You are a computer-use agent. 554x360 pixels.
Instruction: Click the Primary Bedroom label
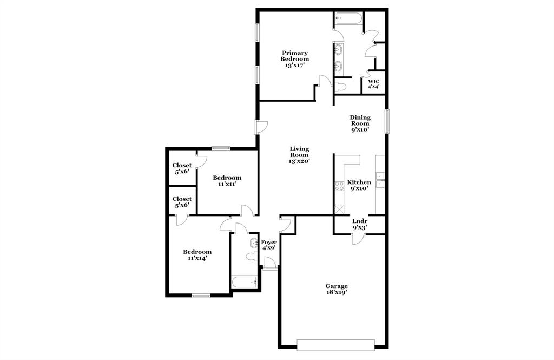295,59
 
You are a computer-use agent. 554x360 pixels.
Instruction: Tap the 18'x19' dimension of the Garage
336,292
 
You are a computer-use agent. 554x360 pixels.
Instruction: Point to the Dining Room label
360,123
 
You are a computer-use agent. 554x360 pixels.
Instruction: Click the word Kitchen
359,182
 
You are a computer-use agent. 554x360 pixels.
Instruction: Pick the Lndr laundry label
360,221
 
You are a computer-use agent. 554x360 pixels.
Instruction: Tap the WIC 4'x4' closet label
373,84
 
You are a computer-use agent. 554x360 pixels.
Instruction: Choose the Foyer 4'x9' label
269,245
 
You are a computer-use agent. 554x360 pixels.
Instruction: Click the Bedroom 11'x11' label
227,181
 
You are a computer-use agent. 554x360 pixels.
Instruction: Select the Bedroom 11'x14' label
197,255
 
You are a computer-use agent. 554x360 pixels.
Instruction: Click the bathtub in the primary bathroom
348,18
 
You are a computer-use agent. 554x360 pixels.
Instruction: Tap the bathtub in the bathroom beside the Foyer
244,282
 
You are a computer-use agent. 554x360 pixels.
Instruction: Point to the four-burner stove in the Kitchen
339,186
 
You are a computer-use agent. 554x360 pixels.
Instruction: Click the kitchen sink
380,179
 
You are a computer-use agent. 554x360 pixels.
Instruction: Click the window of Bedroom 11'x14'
201,296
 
